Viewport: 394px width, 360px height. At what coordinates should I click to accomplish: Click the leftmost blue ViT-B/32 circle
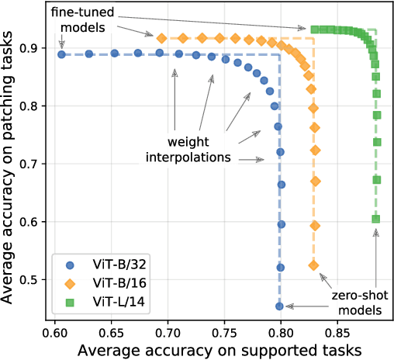coord(61,54)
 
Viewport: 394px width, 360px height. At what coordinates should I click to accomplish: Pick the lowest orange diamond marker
coord(313,265)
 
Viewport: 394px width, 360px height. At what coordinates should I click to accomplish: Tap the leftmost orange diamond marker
coord(162,38)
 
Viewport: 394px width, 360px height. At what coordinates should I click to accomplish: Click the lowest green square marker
coord(376,219)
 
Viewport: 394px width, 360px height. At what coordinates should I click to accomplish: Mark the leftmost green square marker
coord(315,29)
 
